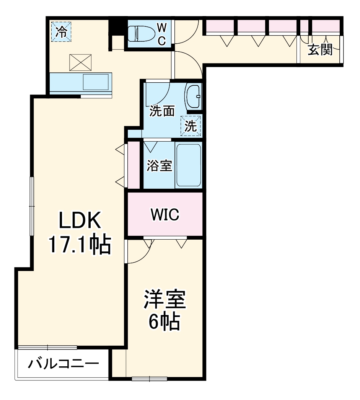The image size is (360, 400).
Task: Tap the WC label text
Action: [x=162, y=34]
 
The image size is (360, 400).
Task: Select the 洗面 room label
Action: [x=162, y=111]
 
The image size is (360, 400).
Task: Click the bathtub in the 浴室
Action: [x=189, y=165]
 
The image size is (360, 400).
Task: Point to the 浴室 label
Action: [x=160, y=166]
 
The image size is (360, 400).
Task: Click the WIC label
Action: [x=165, y=215]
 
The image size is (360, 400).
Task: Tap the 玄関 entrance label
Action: [x=320, y=50]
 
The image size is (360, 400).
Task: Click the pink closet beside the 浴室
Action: [x=134, y=165]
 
